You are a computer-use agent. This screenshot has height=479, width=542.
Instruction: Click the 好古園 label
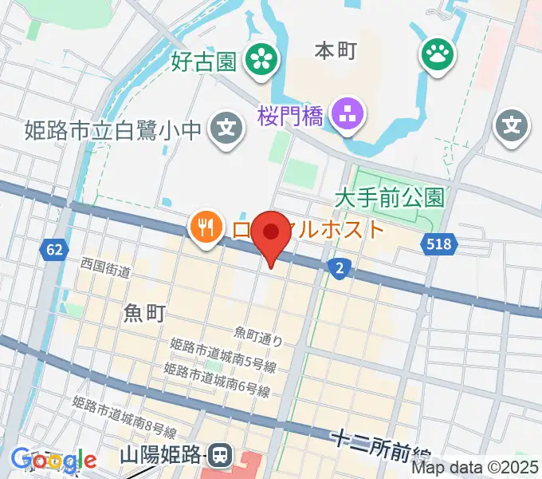203,61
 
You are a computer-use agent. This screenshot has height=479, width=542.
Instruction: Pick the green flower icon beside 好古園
260,57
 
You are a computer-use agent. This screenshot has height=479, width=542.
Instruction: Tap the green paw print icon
438,55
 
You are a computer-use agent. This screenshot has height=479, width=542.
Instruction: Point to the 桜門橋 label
290,117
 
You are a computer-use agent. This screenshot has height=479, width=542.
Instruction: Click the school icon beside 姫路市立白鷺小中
227,126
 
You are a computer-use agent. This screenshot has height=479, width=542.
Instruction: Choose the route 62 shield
53,251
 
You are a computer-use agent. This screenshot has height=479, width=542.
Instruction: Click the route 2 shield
340,269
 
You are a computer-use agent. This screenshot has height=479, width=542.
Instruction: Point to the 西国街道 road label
104,267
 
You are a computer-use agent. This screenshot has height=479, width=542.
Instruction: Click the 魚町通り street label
258,336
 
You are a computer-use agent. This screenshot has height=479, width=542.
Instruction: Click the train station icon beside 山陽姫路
221,456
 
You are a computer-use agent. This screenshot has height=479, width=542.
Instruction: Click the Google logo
53,460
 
